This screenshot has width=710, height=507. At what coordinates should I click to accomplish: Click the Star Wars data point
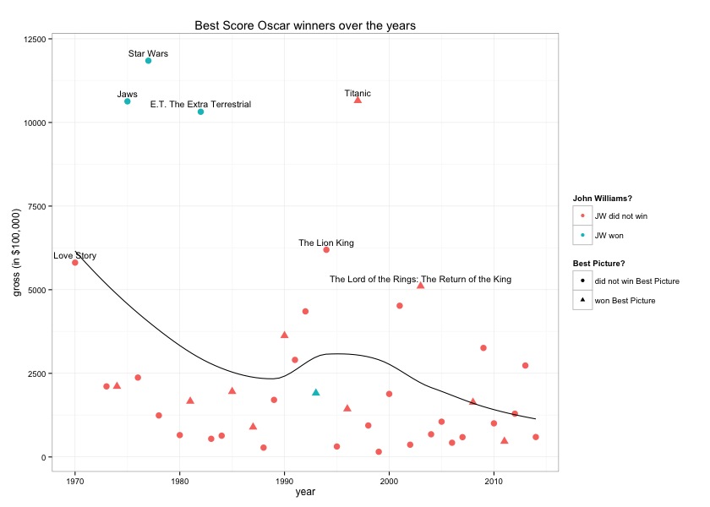click(148, 61)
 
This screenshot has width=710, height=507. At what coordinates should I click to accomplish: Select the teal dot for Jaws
click(128, 101)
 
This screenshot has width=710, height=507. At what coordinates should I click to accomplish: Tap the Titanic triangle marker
click(358, 100)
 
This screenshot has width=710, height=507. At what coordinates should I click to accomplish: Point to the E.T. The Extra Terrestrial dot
click(200, 112)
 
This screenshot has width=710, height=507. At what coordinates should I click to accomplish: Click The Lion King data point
click(326, 250)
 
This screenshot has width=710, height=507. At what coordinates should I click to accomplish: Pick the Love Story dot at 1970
click(75, 263)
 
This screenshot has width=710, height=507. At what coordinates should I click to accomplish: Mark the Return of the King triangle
click(420, 286)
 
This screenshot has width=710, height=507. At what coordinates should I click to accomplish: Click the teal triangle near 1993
click(316, 392)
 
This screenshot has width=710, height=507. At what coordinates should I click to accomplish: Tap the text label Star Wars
click(148, 53)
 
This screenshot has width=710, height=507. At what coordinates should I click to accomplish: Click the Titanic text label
click(358, 93)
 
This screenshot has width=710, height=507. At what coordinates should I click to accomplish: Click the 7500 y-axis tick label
click(37, 206)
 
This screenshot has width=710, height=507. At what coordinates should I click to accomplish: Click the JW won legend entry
click(609, 236)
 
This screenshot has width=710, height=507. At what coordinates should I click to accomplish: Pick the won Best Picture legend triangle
click(582, 300)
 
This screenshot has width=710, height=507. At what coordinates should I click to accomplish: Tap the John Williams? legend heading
click(603, 199)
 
